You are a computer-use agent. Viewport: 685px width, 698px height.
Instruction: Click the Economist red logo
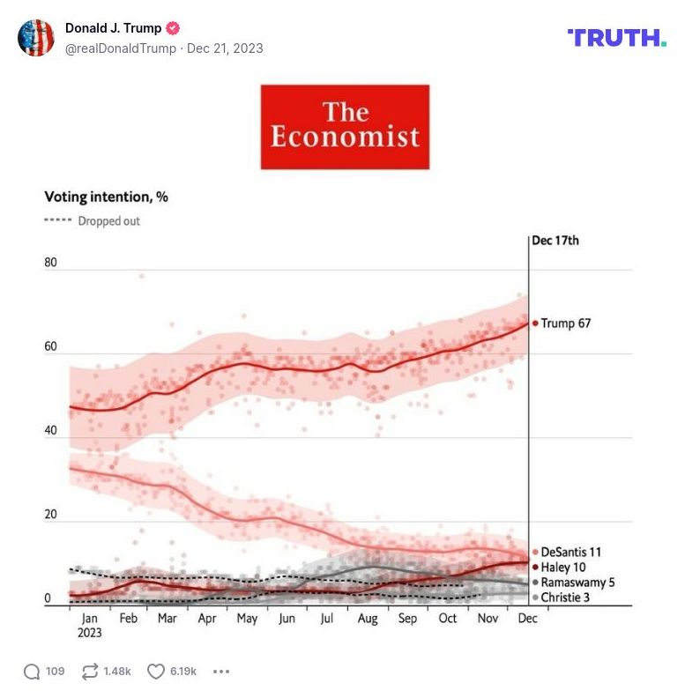(x=345, y=127)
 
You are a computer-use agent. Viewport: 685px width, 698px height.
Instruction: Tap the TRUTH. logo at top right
(x=616, y=37)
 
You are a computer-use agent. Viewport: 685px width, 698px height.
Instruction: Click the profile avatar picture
(x=36, y=38)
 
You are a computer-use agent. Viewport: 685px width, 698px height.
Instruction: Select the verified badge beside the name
(x=173, y=28)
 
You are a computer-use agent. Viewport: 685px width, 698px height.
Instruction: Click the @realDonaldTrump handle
(x=120, y=48)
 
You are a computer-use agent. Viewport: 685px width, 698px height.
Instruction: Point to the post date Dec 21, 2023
(x=225, y=48)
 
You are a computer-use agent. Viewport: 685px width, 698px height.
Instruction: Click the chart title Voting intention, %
(x=106, y=197)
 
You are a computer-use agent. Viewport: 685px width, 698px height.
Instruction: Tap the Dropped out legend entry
(x=93, y=221)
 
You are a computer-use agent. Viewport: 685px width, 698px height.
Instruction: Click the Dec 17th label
(x=555, y=240)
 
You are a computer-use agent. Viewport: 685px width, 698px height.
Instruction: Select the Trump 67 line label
(x=565, y=323)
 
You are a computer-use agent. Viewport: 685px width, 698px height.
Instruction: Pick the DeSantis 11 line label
(x=570, y=552)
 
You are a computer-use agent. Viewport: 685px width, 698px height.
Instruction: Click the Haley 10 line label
(x=562, y=567)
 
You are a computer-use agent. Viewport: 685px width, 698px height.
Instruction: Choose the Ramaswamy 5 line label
(x=577, y=583)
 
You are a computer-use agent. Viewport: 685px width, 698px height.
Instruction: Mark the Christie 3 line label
(x=565, y=598)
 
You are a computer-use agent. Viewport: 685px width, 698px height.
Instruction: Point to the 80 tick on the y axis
(x=51, y=263)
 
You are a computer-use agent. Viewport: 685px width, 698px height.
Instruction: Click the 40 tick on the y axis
(x=51, y=431)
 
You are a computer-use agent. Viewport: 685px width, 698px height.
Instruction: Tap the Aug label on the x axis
(x=368, y=619)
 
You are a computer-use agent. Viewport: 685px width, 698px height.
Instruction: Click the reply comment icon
(x=32, y=672)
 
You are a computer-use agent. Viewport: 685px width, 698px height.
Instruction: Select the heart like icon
(x=156, y=672)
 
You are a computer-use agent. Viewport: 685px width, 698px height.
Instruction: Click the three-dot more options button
(x=221, y=672)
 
